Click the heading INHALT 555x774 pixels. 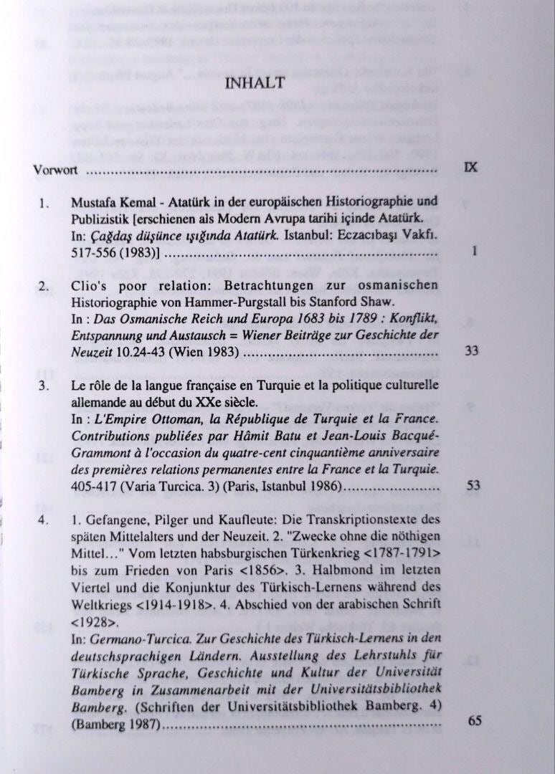tap(255, 83)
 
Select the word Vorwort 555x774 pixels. tap(55, 171)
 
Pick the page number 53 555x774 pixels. tap(472, 485)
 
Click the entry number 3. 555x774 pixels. tap(44, 386)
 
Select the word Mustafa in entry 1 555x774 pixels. tap(92, 202)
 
